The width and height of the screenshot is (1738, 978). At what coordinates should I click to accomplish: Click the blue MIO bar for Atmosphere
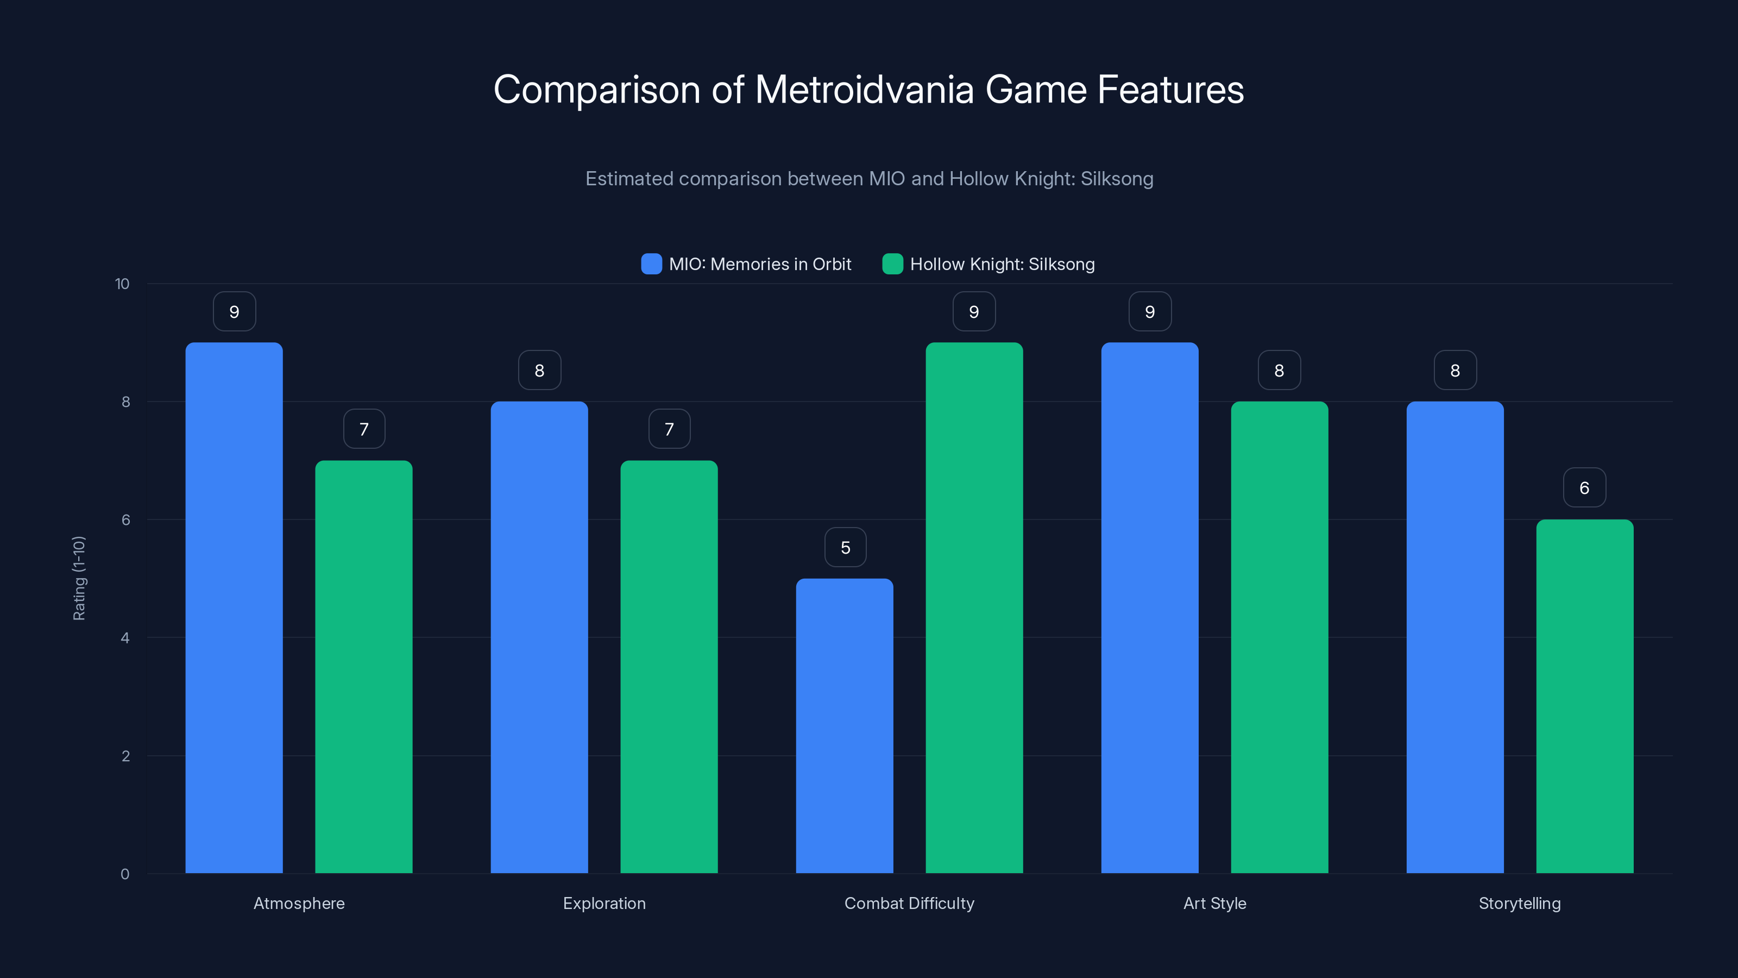234,607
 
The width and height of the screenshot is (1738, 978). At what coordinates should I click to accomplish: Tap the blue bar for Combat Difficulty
845,725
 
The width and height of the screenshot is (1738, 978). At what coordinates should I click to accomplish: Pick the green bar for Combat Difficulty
974,607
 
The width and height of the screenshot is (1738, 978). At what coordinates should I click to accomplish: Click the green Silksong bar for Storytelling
1585,696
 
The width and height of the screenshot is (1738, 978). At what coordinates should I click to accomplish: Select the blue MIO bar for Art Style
1150,607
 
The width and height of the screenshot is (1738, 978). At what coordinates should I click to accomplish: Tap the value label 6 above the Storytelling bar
1584,488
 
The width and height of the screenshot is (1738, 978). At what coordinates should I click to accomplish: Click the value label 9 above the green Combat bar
974,312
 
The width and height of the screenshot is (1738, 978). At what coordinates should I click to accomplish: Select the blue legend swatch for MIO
651,264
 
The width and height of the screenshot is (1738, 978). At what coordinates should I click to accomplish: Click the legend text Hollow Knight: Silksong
1002,264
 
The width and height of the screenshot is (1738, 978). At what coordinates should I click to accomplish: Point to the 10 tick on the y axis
122,284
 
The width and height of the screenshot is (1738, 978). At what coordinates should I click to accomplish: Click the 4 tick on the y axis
125,638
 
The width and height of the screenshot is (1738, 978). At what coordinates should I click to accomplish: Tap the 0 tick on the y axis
125,875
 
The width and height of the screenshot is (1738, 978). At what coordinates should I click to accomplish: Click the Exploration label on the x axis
604,904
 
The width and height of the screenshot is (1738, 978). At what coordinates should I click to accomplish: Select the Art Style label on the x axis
1214,904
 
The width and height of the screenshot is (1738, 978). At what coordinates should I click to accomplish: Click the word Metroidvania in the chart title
864,90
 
